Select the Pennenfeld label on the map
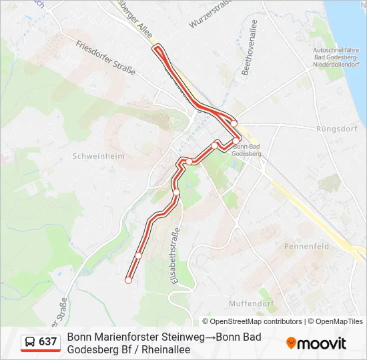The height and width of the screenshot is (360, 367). (x=306, y=246)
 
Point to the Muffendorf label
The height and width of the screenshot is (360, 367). (x=252, y=303)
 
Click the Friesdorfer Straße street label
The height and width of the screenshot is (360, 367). (x=106, y=58)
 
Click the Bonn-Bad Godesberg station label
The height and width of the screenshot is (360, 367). (x=247, y=150)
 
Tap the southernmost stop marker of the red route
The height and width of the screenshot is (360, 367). (x=127, y=281)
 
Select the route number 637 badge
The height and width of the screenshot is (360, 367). (x=48, y=342)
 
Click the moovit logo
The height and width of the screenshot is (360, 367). (x=316, y=343)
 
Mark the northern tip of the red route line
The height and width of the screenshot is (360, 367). (x=158, y=47)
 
